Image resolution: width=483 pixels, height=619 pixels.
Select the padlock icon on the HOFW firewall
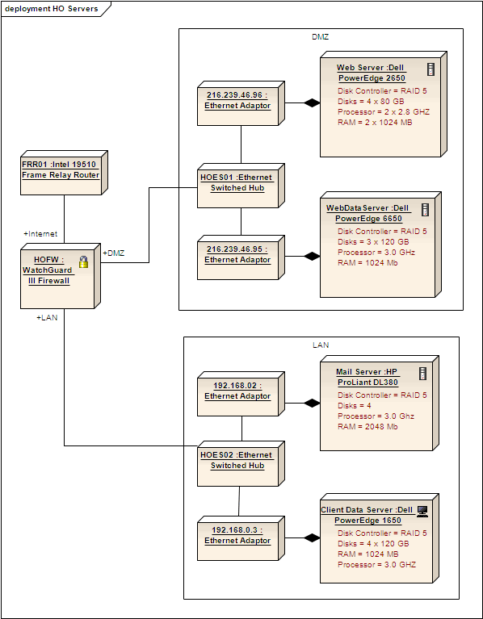[x=83, y=261]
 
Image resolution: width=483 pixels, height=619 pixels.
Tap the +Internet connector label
[x=40, y=233]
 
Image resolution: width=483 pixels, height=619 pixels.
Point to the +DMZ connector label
[x=114, y=253]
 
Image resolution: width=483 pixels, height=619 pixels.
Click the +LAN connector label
[x=47, y=317]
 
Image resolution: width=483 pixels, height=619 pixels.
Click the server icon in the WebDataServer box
[x=425, y=209]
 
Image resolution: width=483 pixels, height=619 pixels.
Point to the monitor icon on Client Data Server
[x=422, y=511]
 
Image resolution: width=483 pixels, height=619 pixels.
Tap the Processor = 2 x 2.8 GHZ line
[x=384, y=112]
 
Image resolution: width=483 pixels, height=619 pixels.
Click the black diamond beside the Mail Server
[x=312, y=402]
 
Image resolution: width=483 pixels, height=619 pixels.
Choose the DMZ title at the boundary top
[x=320, y=36]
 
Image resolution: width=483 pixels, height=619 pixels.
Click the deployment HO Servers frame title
[x=52, y=9]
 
